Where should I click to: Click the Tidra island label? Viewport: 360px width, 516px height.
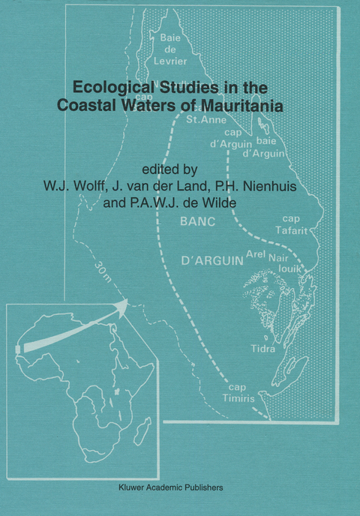click(262, 349)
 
